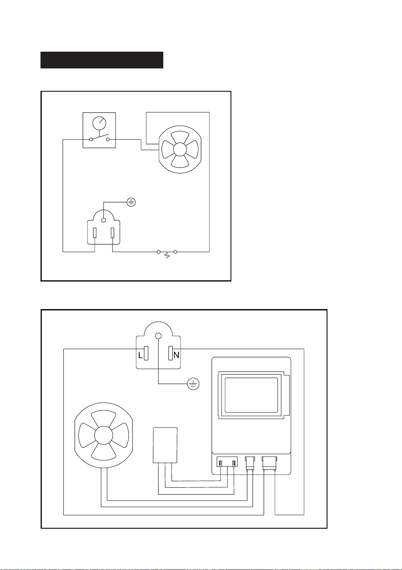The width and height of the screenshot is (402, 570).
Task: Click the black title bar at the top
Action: [102, 60]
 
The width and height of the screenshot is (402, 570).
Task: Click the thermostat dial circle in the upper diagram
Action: [99, 124]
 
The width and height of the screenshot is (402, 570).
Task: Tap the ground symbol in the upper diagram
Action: [131, 202]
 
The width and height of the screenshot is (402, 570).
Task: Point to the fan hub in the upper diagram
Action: [180, 150]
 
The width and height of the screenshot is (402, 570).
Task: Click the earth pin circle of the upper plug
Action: [103, 220]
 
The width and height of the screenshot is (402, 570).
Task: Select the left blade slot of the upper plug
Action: [95, 233]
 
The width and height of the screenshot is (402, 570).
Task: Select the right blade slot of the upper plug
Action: [112, 233]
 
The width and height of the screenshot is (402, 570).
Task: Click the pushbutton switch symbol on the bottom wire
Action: [167, 254]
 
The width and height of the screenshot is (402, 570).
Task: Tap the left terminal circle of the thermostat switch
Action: [91, 139]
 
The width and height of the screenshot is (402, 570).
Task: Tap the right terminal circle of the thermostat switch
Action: [108, 139]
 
